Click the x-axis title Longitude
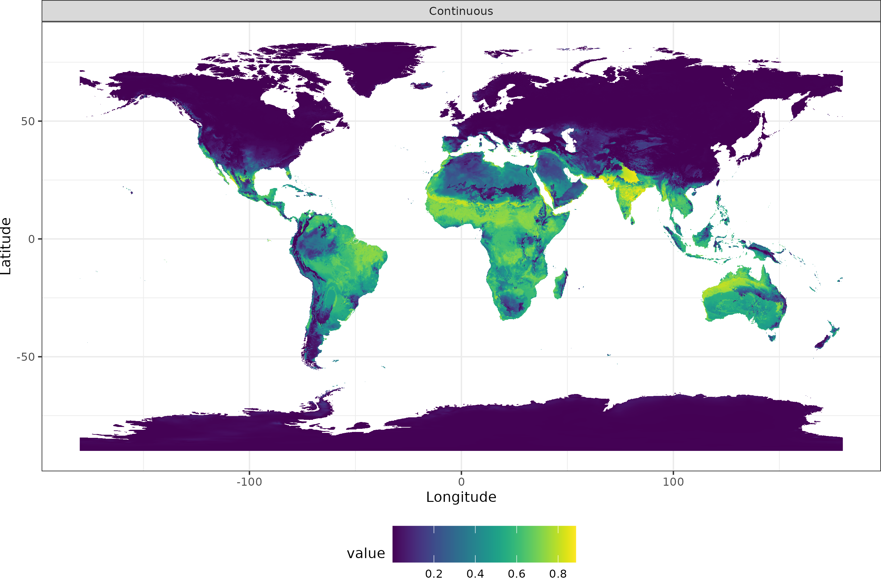pos(461,497)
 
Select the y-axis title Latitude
pos(6,246)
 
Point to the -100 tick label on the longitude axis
pos(249,482)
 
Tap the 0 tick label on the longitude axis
pos(461,482)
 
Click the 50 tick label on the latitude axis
pos(28,121)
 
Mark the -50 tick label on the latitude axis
pos(25,357)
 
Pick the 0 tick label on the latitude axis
pos(31,239)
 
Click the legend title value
pos(366,553)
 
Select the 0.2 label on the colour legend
pos(434,574)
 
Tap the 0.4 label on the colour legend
pos(475,574)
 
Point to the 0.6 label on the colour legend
pos(516,574)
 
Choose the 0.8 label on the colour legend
pos(558,574)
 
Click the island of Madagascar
pos(560,285)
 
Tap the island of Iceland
pos(422,86)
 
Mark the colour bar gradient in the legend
pos(484,544)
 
